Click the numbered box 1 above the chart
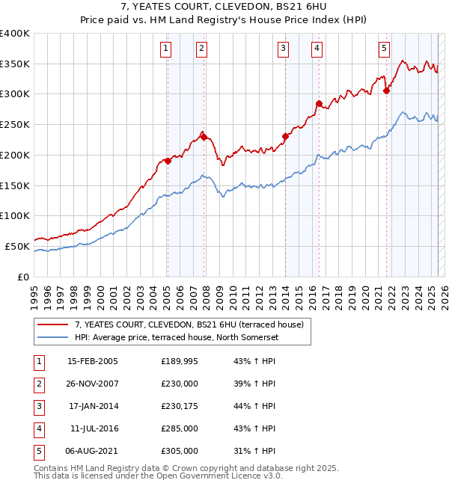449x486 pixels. point(165,49)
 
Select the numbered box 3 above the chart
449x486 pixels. point(284,49)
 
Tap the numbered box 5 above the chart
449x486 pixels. point(384,49)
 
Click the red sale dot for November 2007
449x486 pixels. point(204,137)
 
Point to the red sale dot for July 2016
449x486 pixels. point(319,103)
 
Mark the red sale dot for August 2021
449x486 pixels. point(387,91)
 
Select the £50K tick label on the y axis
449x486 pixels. point(17,246)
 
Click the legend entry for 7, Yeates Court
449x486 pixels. point(189,324)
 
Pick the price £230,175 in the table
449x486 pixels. point(179,406)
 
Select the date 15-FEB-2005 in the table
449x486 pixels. point(92,361)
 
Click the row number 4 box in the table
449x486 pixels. point(37,428)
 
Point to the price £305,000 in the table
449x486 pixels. point(179,451)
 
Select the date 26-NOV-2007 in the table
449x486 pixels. point(92,384)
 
